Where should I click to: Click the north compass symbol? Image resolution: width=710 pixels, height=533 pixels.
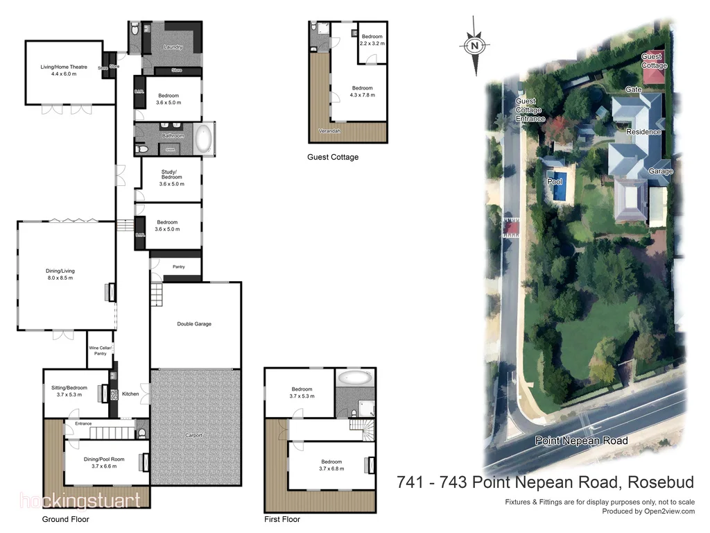(474, 46)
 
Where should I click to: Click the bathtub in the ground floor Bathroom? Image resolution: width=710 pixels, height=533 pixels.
(203, 139)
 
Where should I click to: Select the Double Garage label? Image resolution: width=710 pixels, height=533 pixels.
(194, 324)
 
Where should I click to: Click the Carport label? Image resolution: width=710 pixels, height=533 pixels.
(193, 435)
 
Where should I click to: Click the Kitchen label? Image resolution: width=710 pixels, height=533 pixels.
(130, 394)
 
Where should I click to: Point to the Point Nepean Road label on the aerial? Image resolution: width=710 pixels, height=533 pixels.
(581, 441)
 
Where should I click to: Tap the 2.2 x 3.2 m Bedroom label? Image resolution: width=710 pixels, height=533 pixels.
(372, 40)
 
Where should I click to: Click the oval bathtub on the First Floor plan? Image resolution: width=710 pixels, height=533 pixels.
(355, 379)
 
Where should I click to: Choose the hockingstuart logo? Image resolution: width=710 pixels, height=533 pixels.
(80, 500)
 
